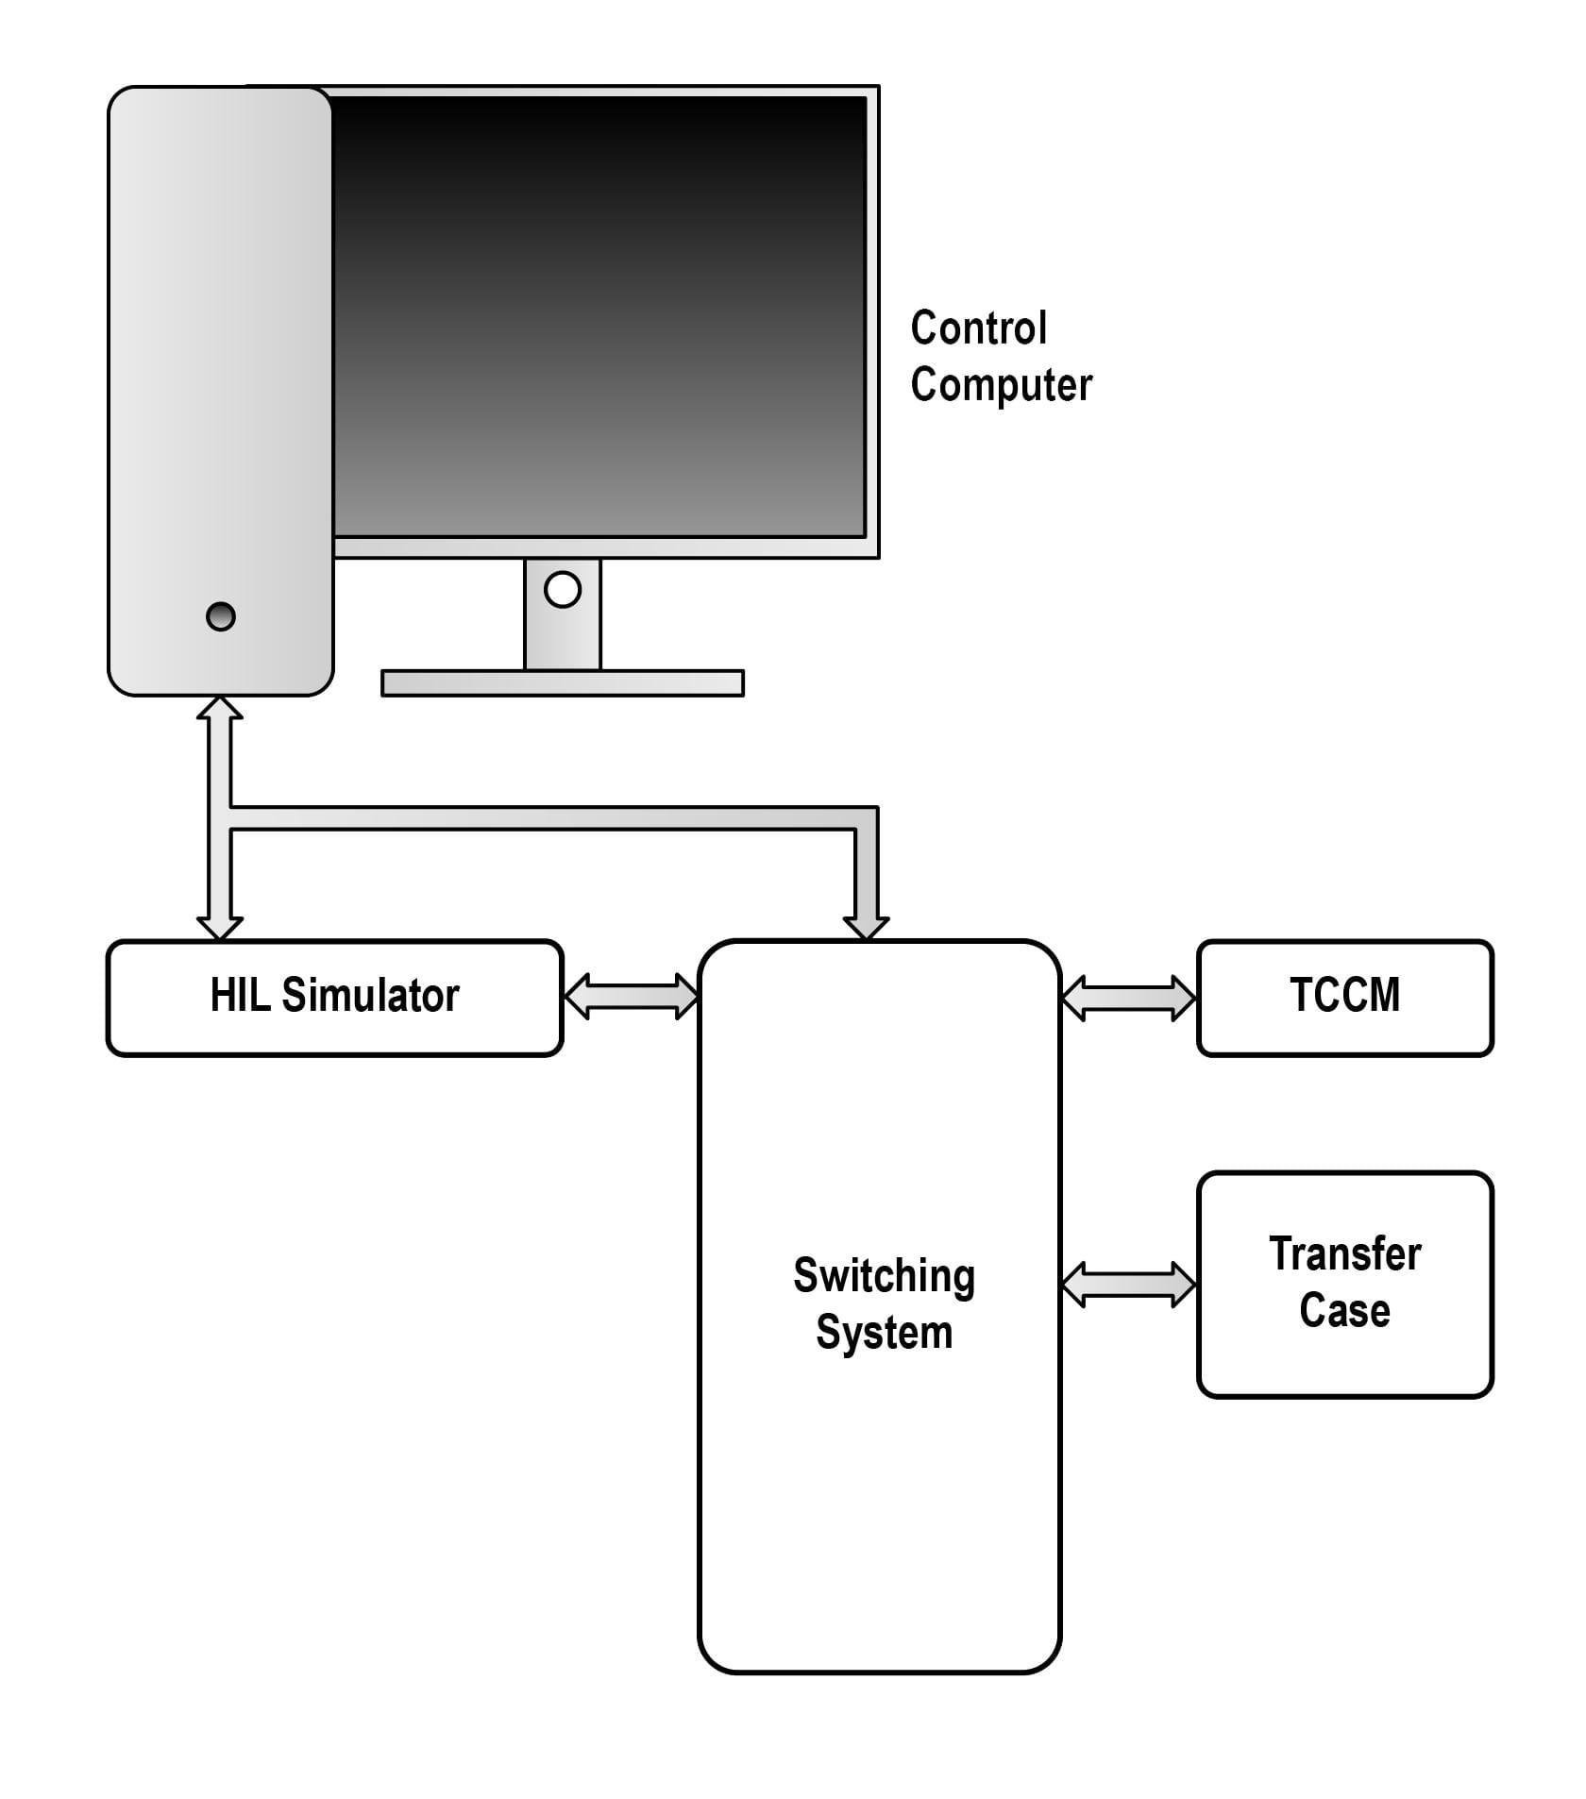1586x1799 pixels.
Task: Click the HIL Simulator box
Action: (334, 998)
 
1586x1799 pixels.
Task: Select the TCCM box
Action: (1345, 998)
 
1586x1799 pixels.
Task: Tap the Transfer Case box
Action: (1345, 1284)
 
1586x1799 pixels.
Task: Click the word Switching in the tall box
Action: (885, 1277)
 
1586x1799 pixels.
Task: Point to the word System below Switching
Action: (885, 1333)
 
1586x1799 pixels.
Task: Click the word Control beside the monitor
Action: (979, 328)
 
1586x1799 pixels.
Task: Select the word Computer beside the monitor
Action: (1002, 385)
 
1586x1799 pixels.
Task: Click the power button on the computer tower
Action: (221, 616)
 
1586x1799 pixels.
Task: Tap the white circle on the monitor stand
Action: (563, 590)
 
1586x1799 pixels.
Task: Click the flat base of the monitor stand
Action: (563, 682)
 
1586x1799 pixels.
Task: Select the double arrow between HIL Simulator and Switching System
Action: (631, 997)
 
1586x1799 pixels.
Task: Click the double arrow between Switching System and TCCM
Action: (1129, 998)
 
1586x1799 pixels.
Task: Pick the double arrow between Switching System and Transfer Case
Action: (1129, 1285)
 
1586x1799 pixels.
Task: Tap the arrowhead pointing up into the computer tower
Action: (220, 708)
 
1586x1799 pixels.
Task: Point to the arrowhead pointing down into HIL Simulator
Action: (220, 928)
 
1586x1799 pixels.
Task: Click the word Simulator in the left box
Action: (371, 996)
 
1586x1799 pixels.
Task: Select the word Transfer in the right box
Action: (1345, 1254)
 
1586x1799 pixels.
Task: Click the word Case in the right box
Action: (1345, 1311)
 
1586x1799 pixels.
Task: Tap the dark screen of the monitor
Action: (600, 316)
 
